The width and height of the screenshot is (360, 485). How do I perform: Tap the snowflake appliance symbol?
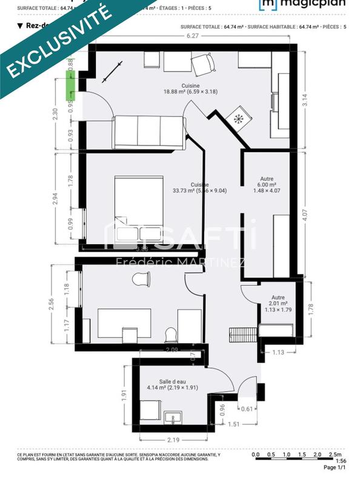238,118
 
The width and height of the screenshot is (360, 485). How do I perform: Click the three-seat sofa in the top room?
148,132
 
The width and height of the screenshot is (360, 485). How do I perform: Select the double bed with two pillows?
139,209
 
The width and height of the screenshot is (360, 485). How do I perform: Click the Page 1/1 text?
335,467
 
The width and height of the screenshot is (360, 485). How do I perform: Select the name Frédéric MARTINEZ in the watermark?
180,262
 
